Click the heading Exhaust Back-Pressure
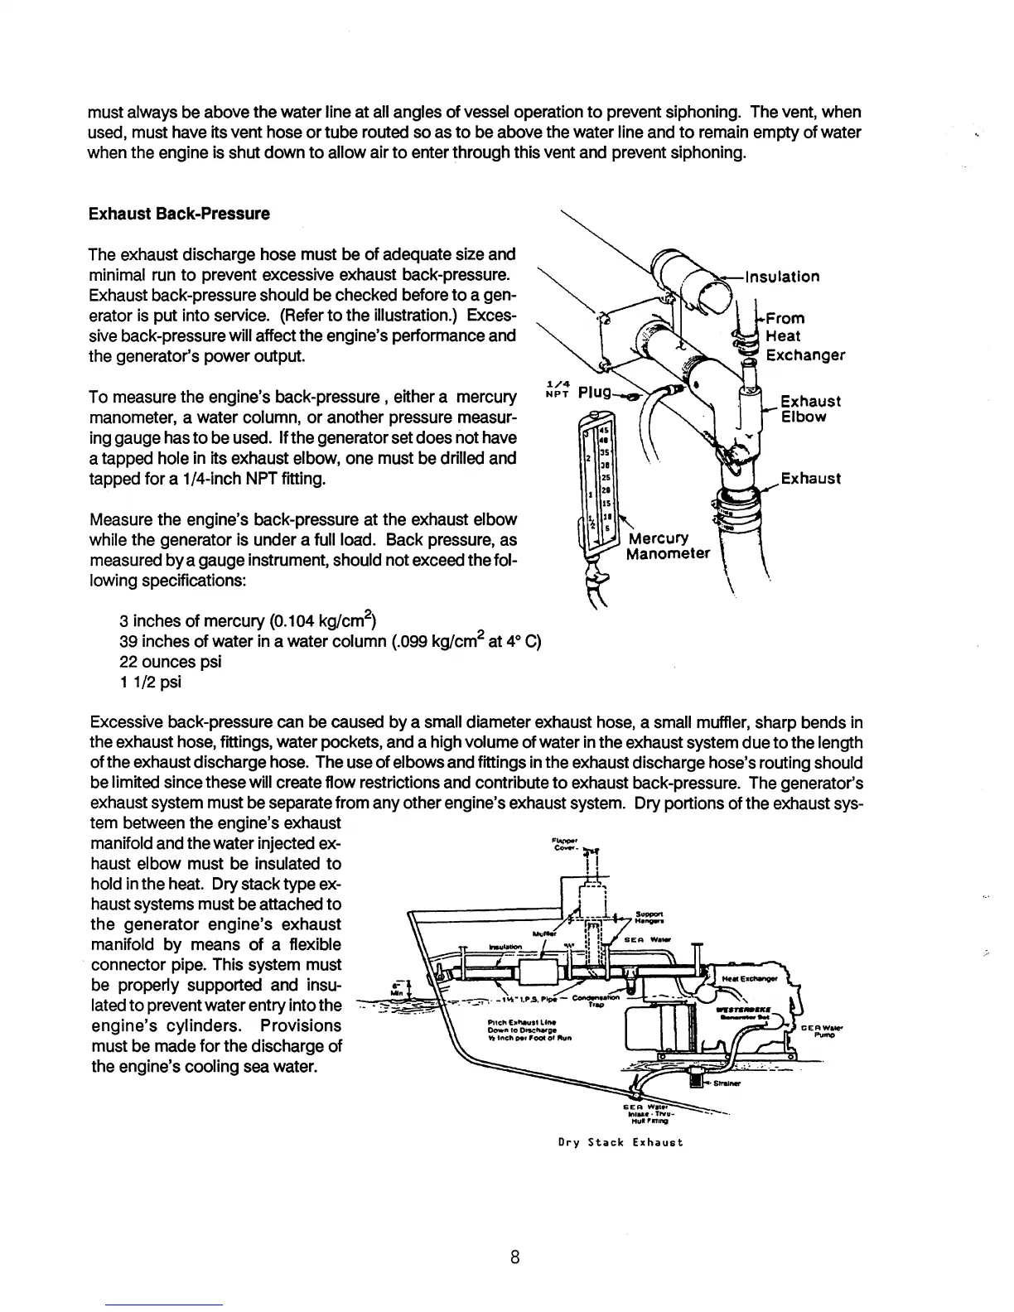[179, 214]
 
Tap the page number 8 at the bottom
[514, 1257]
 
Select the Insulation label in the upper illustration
[783, 277]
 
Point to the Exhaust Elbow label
[811, 408]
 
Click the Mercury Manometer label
[668, 545]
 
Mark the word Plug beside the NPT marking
[594, 391]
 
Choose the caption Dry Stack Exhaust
[620, 1142]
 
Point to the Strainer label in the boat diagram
[729, 1082]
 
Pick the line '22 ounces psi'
[171, 662]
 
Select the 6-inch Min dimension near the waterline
[394, 989]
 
